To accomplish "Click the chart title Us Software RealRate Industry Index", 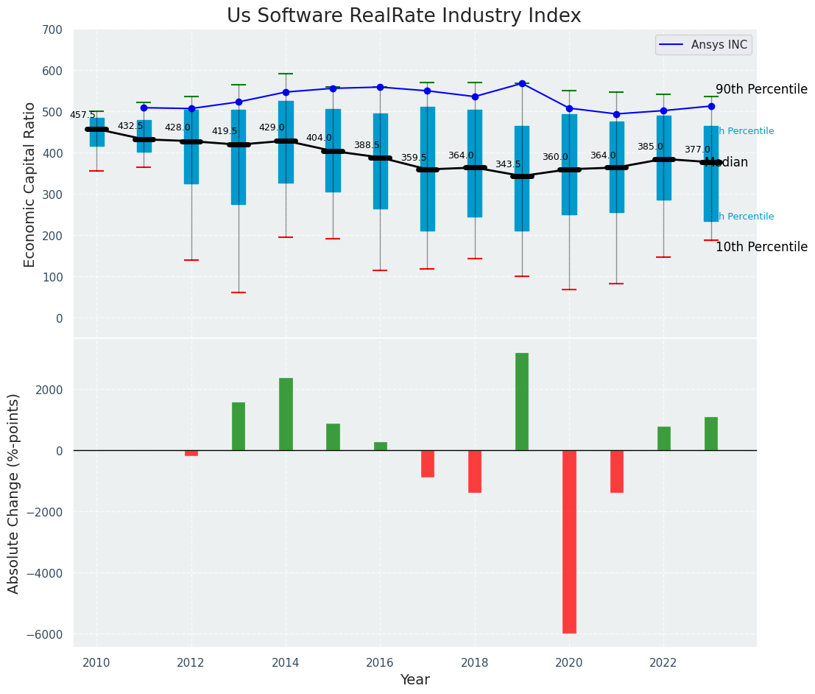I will [x=403, y=15].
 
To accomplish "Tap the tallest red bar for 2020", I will [x=569, y=541].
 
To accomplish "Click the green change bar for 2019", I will [x=522, y=402].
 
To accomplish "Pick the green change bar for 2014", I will [x=286, y=414].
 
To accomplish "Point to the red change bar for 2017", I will [x=428, y=463].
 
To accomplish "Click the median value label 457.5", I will [x=82, y=115].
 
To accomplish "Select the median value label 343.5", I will [x=508, y=164].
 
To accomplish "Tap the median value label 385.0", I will [x=650, y=147].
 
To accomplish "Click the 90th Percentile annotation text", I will [x=761, y=89].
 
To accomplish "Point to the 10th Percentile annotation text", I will [x=761, y=247].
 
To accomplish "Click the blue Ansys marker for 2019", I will [x=522, y=83].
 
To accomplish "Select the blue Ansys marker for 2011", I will [x=144, y=108].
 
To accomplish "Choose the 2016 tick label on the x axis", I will [x=380, y=662].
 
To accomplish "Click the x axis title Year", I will [x=415, y=679].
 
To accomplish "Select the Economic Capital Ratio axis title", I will [x=29, y=184].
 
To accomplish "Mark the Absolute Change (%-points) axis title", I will [x=14, y=493].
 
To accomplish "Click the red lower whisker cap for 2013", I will [x=239, y=292].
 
